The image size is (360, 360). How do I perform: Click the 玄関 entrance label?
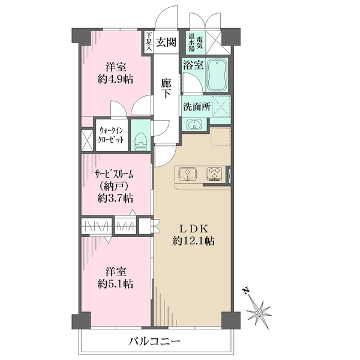166,42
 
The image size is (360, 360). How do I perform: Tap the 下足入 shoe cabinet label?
149,41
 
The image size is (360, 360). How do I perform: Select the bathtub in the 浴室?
217,75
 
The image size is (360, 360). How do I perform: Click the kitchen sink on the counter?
188,174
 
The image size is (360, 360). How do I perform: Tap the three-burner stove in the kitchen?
214,173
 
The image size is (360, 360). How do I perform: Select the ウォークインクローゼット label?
111,135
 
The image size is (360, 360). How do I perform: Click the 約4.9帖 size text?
115,80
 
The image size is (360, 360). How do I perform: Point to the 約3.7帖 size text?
115,198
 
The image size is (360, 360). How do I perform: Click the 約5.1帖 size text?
115,284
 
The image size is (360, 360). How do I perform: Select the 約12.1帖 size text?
194,241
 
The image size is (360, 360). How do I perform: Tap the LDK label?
194,229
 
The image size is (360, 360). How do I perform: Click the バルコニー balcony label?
154,341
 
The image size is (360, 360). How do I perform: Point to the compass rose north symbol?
259,313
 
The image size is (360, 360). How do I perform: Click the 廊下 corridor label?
166,88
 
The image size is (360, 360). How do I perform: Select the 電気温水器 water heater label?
196,42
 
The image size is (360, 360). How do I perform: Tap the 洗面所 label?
197,107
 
